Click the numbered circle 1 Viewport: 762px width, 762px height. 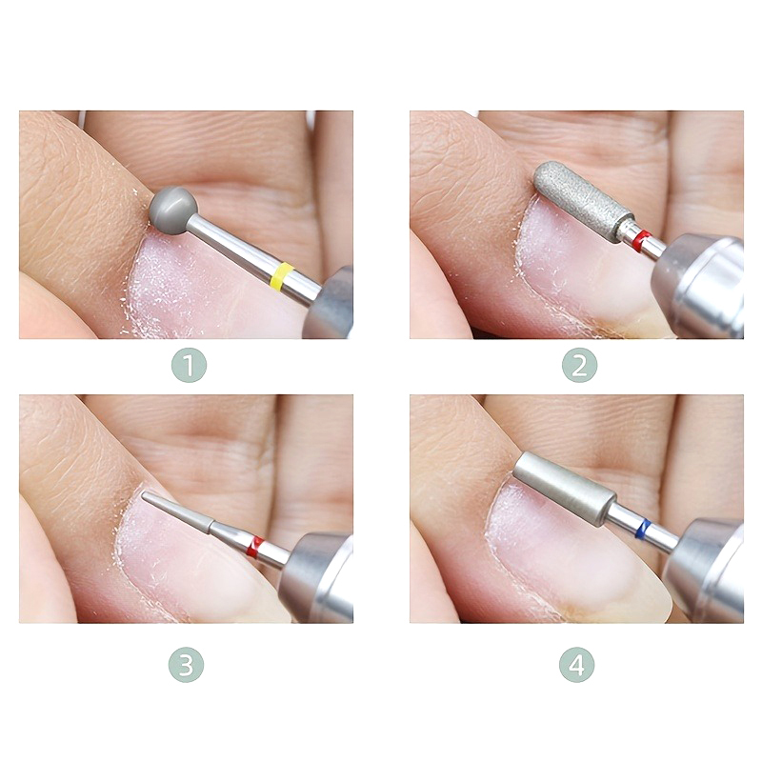[189, 365]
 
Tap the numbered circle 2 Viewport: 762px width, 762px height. [579, 365]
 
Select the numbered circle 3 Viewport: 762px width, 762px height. [186, 665]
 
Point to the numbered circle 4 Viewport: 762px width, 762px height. [577, 665]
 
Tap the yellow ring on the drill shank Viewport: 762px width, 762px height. [282, 275]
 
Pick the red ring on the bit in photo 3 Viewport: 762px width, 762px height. [254, 547]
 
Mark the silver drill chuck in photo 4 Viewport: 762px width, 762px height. [704, 570]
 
